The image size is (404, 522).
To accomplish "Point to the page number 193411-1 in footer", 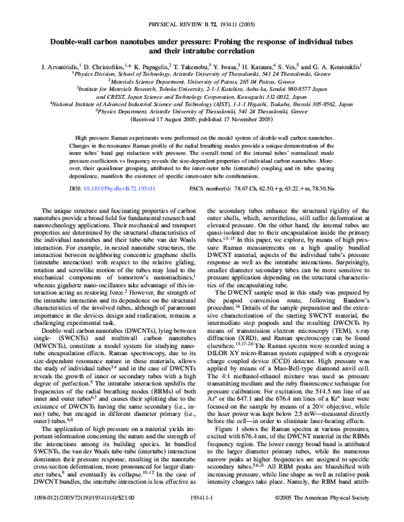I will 201,514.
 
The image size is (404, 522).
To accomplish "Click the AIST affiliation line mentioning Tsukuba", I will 201,104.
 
